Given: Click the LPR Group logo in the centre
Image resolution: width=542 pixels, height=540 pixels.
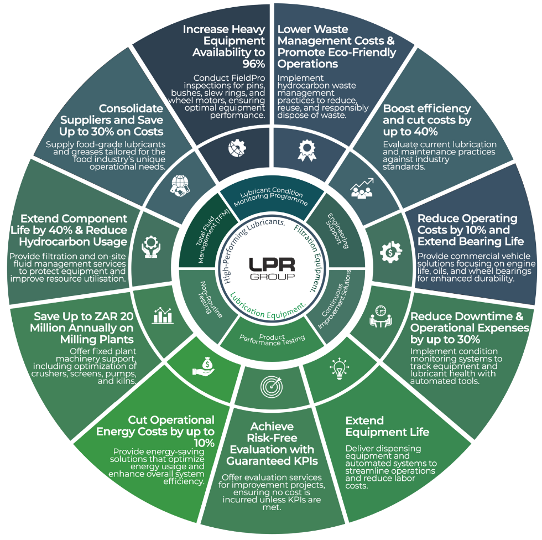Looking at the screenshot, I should click(270, 269).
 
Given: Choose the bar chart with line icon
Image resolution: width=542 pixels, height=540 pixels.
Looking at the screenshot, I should click(163, 315).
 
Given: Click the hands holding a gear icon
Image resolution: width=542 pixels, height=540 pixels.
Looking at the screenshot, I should click(151, 246).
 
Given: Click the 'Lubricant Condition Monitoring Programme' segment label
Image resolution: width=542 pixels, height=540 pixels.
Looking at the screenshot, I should click(271, 197).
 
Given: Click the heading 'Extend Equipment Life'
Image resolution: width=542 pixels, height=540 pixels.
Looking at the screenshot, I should click(387, 426).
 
